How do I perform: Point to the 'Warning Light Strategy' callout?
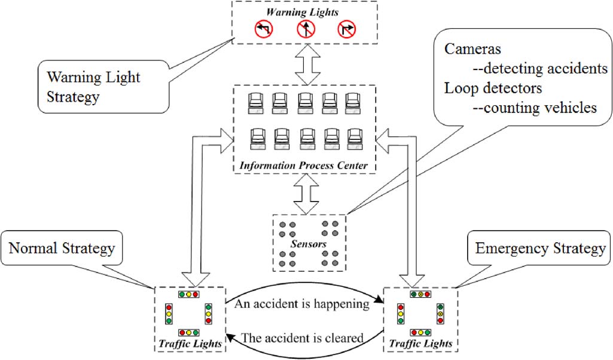click(x=93, y=87)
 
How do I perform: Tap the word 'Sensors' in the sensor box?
click(x=307, y=244)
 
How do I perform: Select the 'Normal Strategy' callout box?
click(x=63, y=248)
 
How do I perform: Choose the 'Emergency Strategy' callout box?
click(x=540, y=248)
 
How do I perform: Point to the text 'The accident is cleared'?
click(x=302, y=338)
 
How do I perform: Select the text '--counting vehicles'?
click(x=540, y=108)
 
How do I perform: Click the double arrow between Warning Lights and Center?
click(x=306, y=64)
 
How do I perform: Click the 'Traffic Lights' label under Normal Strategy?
click(x=188, y=344)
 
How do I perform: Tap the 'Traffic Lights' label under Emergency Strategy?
click(x=420, y=344)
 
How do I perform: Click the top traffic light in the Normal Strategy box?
click(x=188, y=294)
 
